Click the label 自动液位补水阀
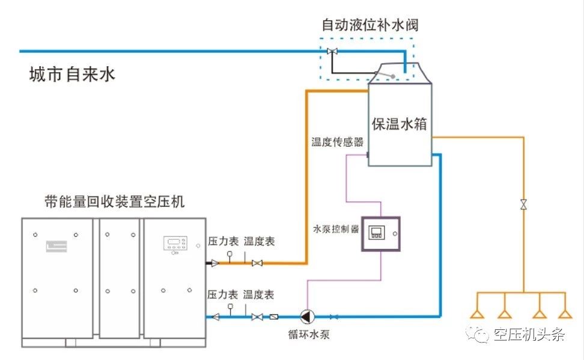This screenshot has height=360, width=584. (x=370, y=25)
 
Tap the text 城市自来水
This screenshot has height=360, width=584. (x=71, y=75)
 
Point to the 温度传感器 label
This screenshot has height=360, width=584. (x=337, y=142)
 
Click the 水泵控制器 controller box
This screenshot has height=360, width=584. (x=380, y=233)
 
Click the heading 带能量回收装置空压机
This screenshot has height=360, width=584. (x=114, y=201)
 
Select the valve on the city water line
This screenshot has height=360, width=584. (x=331, y=51)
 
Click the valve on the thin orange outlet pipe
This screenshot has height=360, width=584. (x=523, y=204)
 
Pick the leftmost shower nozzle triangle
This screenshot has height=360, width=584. (x=478, y=314)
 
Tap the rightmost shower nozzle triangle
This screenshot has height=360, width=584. (x=564, y=314)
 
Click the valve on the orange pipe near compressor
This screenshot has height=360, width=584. (x=257, y=263)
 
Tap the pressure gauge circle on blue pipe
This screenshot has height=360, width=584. (x=230, y=307)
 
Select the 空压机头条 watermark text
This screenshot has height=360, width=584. (x=529, y=335)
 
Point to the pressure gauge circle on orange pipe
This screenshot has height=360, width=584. (x=230, y=254)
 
